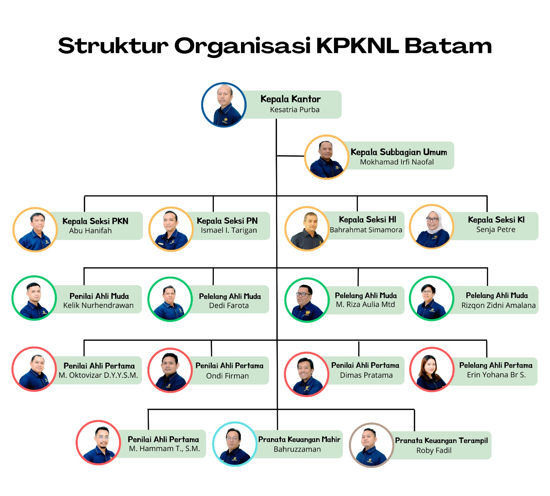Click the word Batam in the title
[448, 46]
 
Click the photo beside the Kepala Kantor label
[224, 105]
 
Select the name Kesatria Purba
[295, 110]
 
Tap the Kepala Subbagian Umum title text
[399, 152]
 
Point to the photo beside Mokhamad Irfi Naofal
[327, 157]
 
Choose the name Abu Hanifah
[90, 231]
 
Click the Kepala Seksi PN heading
[227, 221]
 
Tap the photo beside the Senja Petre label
[432, 227]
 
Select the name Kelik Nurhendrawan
[98, 305]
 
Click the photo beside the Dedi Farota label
[170, 299]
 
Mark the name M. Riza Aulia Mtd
[365, 304]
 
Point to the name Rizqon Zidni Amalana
[498, 305]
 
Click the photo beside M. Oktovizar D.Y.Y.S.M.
[34, 369]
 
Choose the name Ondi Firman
[227, 376]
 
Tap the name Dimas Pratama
[366, 375]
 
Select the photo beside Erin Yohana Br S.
[432, 370]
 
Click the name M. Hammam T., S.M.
[164, 449]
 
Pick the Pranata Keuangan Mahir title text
[299, 439]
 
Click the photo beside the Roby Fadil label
[371, 445]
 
